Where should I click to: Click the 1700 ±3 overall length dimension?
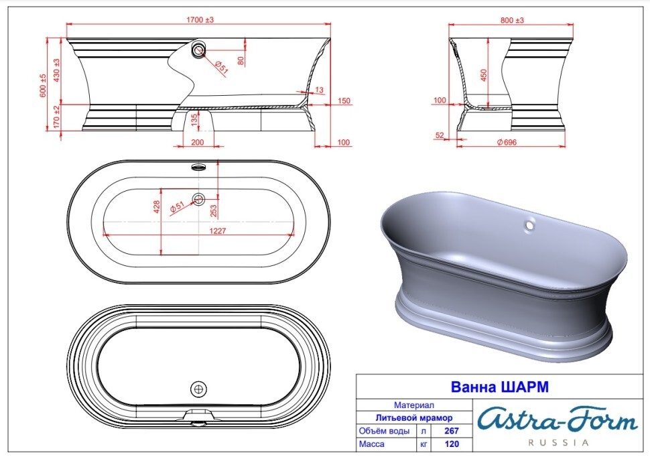click(200, 21)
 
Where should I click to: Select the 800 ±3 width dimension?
click(513, 21)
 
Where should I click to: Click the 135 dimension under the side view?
click(195, 120)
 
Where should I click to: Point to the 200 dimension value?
click(198, 142)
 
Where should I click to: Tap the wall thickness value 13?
click(318, 90)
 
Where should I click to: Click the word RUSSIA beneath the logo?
click(558, 443)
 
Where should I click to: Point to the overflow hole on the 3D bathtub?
click(529, 224)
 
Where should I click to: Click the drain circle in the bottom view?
click(199, 389)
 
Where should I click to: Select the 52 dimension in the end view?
click(440, 135)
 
